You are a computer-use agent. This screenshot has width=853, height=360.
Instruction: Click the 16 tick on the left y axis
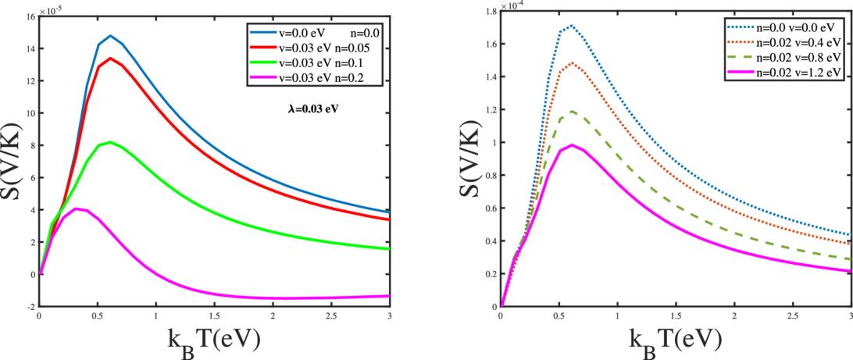click(x=30, y=16)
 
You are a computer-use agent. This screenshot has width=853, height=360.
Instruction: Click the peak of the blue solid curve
click(x=111, y=36)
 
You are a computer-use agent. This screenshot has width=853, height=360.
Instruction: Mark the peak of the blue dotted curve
click(x=572, y=25)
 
